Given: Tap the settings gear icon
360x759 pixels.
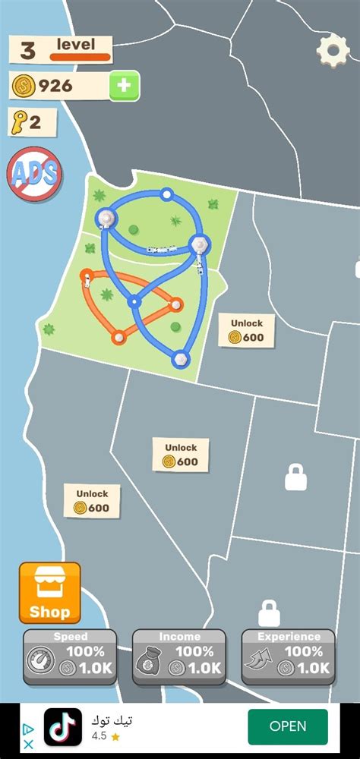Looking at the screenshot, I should [333, 51].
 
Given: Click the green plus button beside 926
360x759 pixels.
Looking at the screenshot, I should [125, 86].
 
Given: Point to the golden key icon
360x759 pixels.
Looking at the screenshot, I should [19, 121].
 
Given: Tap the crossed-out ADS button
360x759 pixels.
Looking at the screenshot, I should [33, 173].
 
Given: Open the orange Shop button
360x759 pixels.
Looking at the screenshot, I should [49, 593].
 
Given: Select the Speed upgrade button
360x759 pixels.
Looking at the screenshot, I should [70, 657].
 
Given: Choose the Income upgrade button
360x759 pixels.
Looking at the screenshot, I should [179, 657].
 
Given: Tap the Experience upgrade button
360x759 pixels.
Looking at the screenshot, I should [289, 657].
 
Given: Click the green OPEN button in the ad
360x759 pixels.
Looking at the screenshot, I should [288, 726].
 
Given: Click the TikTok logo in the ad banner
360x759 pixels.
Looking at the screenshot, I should [62, 726].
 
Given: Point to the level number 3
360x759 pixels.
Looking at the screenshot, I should [28, 51].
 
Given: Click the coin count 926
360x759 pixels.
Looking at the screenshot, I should [55, 86].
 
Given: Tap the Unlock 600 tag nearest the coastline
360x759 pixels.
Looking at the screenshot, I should [92, 502].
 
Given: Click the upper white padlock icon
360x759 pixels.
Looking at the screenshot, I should [295, 477].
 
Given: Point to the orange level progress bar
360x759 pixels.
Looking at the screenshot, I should [81, 57].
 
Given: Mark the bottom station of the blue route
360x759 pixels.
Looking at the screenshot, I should [181, 357].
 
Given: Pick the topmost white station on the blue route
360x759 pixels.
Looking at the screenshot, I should [166, 195].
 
